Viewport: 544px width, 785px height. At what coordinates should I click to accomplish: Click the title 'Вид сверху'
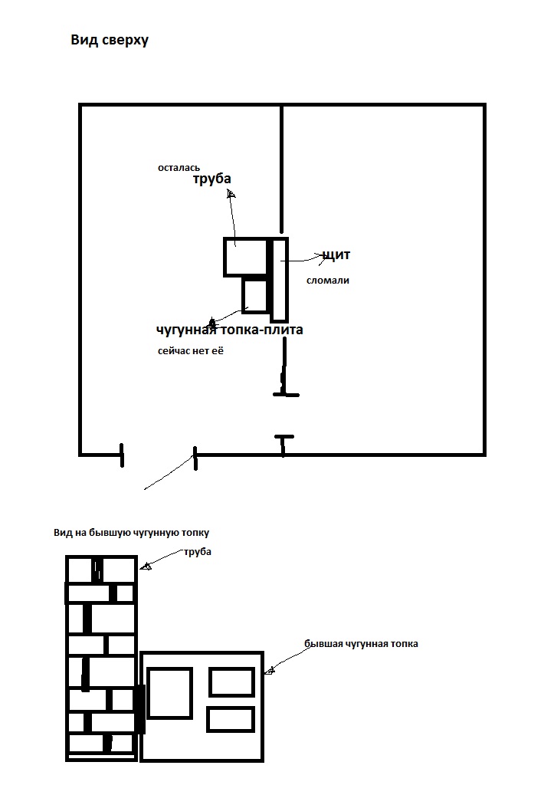(x=110, y=40)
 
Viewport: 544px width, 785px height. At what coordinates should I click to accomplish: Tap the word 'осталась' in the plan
(x=179, y=166)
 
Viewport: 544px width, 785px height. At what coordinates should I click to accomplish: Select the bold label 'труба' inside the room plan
(x=211, y=179)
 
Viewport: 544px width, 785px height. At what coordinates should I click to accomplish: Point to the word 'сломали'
(x=327, y=281)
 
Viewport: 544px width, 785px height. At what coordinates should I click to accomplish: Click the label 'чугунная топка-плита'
(x=230, y=330)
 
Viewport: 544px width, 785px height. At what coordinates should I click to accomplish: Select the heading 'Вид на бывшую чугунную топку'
(x=131, y=532)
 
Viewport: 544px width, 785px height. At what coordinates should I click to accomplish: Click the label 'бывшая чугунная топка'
(x=361, y=644)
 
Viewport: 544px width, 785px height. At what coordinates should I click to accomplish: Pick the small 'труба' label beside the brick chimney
(x=198, y=552)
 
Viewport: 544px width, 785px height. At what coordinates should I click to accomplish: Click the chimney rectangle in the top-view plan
(x=244, y=256)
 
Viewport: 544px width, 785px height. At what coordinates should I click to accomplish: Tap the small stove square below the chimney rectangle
(x=255, y=295)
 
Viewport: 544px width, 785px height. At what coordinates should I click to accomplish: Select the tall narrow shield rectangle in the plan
(x=280, y=280)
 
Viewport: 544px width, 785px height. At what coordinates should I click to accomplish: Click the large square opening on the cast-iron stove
(x=169, y=693)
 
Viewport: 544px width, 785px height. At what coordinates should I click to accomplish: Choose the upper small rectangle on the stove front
(x=231, y=682)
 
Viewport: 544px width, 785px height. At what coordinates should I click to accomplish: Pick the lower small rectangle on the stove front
(x=230, y=719)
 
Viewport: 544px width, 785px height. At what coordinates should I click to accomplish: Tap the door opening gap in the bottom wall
(x=158, y=455)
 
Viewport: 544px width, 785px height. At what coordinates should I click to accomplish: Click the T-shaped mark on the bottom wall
(x=283, y=441)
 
